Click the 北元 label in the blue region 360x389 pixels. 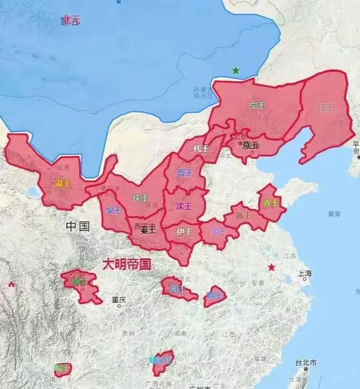tap(71, 21)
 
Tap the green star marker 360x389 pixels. tap(236, 71)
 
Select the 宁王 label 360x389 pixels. tap(257, 105)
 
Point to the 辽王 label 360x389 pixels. tap(326, 107)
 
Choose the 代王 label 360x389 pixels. tap(201, 149)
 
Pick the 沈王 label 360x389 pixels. tap(183, 206)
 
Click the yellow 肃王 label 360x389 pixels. tap(63, 183)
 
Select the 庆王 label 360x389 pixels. tap(141, 198)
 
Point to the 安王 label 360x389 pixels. tap(114, 211)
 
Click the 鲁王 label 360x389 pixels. tap(243, 215)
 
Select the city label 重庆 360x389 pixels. tap(118, 300)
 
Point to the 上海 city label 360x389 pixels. tap(305, 274)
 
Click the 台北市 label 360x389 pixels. tap(306, 363)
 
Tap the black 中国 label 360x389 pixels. tap(77, 226)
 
